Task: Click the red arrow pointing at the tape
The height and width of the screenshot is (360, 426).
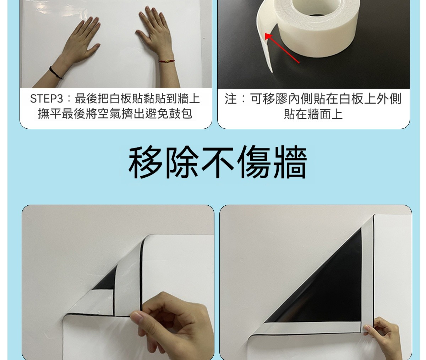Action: [282, 48]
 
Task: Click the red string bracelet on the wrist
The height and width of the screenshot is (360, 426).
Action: [167, 61]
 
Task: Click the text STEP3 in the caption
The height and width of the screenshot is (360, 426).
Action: [47, 99]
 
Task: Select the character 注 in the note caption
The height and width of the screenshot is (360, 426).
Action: [230, 99]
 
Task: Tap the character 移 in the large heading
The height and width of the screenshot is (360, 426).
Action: [145, 162]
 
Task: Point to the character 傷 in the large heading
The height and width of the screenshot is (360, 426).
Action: [254, 162]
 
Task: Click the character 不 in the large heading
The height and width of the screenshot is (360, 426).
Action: [218, 162]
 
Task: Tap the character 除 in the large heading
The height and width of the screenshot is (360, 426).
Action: [181, 162]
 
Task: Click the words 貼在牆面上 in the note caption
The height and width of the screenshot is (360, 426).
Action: [313, 114]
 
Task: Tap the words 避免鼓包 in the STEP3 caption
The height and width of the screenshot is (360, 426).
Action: [169, 113]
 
